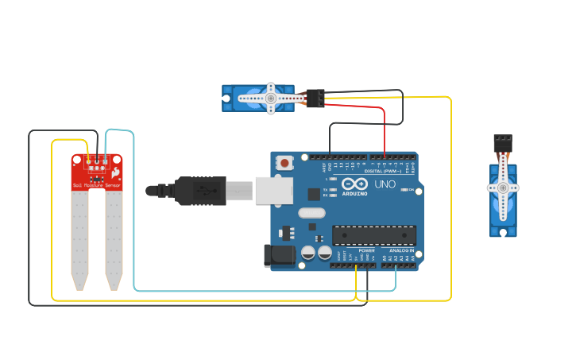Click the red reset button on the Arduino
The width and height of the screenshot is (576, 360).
(x=284, y=163)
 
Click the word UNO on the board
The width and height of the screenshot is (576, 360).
(x=385, y=184)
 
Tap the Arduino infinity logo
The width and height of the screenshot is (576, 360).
(x=354, y=184)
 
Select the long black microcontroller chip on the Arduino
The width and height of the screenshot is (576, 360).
(x=373, y=235)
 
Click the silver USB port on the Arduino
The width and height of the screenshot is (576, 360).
(x=273, y=191)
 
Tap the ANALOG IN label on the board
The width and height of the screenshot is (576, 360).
(x=400, y=250)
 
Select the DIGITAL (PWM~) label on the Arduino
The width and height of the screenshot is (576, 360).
(x=382, y=171)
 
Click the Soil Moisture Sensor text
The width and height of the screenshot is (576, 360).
(x=97, y=185)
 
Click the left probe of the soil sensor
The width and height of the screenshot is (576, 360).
(x=79, y=238)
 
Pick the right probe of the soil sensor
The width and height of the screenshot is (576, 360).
(x=114, y=238)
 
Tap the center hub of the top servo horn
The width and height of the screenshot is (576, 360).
(x=271, y=99)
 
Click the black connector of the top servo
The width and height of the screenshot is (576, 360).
(x=315, y=98)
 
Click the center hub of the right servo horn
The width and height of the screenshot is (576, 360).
(x=502, y=188)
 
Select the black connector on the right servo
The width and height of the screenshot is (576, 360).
(x=502, y=143)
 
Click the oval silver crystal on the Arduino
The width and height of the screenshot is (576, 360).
(x=312, y=212)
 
